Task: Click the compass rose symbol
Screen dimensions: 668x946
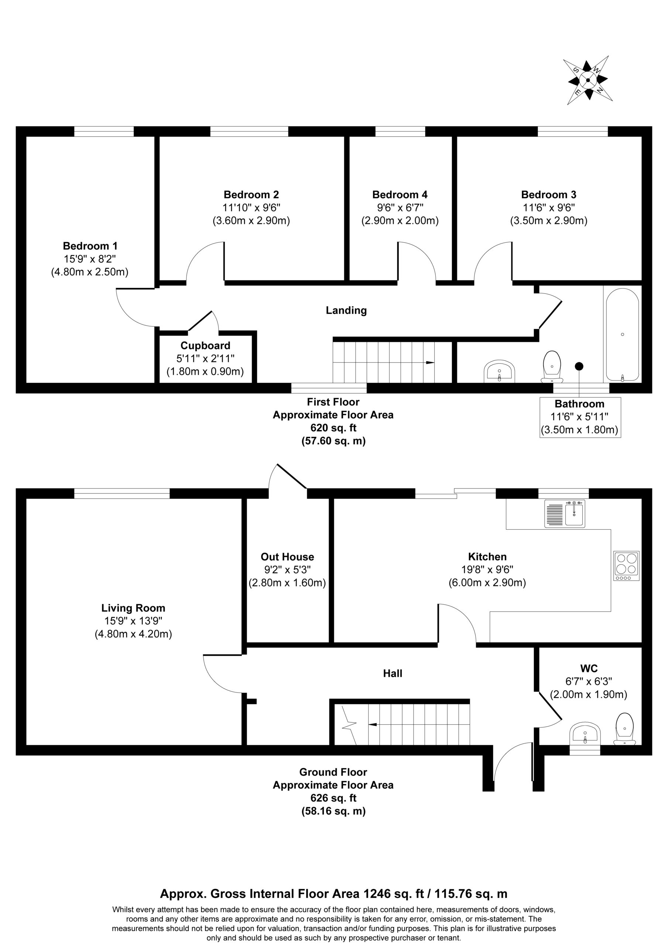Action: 588,80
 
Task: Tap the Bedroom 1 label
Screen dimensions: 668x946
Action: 90,246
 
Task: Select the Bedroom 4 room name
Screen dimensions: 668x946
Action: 400,194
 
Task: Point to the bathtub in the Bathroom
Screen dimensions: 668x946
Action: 622,334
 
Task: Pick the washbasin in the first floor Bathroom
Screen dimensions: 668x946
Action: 500,370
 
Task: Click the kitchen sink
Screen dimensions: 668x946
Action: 565,513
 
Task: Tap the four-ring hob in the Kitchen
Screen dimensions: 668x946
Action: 626,565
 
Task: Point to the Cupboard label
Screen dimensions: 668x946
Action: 205,346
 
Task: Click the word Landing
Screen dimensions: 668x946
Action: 346,310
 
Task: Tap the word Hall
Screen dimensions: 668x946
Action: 393,673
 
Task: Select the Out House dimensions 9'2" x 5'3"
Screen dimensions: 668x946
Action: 287,570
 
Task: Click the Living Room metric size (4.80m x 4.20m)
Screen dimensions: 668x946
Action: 133,634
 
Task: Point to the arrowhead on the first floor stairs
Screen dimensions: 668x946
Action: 430,363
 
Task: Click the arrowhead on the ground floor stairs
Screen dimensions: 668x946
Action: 373,724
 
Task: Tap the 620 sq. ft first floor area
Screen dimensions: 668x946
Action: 333,428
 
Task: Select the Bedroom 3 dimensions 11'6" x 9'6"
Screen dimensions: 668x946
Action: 549,207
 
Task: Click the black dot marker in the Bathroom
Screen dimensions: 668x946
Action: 579,366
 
